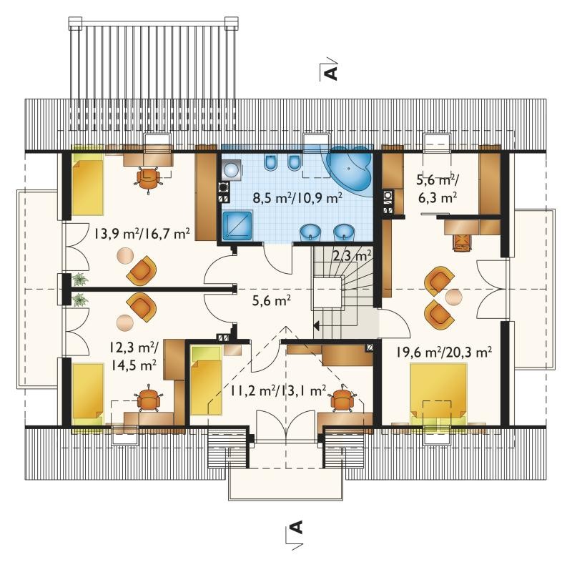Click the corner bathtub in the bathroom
point(350,169)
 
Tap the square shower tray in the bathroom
point(237,226)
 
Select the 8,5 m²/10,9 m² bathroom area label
point(297,198)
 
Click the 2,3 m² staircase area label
point(352,255)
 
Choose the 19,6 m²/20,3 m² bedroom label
point(444,352)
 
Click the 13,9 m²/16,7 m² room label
point(142,233)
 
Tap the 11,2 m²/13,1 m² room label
point(278,391)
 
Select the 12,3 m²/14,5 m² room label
point(134,356)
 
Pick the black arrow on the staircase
point(317,325)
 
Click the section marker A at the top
point(331,72)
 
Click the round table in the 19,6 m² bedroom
point(454,297)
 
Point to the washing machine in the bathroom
point(231,170)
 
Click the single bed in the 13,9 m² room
point(88,184)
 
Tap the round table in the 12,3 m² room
point(125,322)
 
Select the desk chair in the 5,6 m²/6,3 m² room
point(462,242)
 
